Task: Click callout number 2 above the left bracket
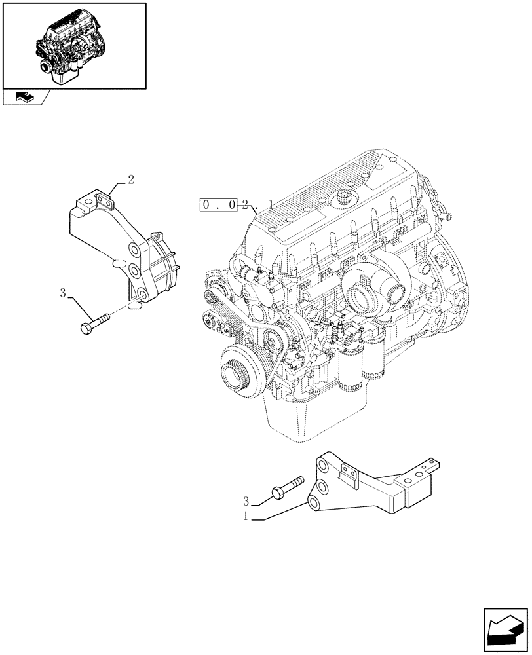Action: click(x=131, y=179)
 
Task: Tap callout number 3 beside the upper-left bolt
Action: click(x=63, y=293)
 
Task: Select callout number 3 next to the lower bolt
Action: click(x=246, y=502)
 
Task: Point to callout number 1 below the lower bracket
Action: click(x=246, y=516)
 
